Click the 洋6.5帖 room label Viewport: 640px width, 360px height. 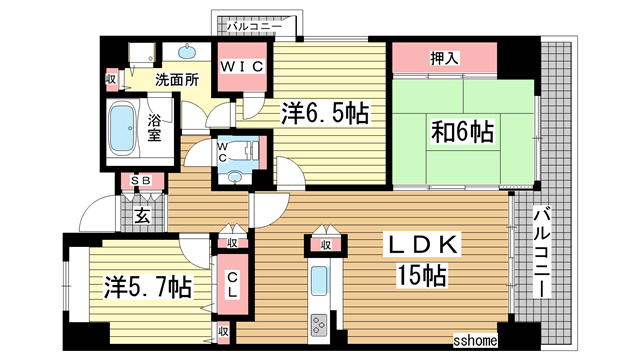click(x=322, y=115)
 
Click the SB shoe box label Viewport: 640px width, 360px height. click(x=133, y=181)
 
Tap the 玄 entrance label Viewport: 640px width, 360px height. click(x=142, y=212)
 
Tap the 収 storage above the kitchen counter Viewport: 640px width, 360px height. click(x=326, y=243)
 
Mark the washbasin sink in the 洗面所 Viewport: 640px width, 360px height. click(x=188, y=52)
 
